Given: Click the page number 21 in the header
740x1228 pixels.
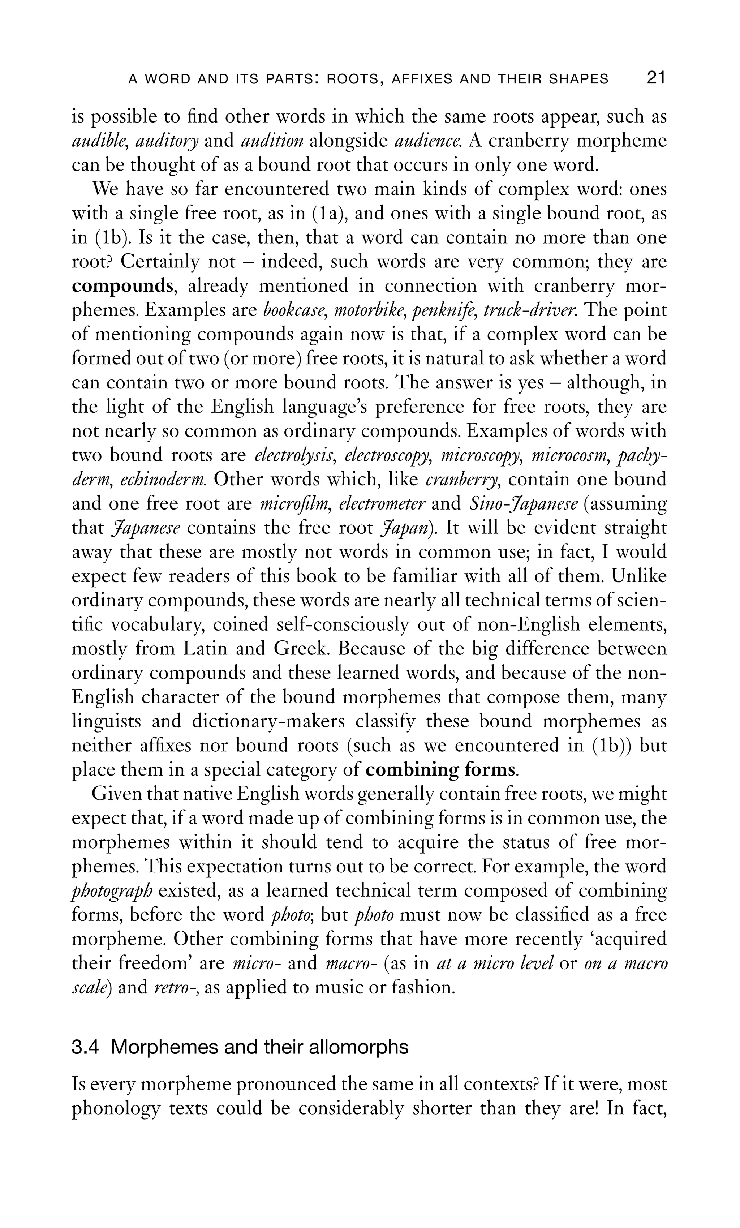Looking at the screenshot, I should coord(655,78).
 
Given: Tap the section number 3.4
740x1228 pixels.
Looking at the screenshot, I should coord(85,1048).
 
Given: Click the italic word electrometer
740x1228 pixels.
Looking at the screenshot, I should coord(382,504).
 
